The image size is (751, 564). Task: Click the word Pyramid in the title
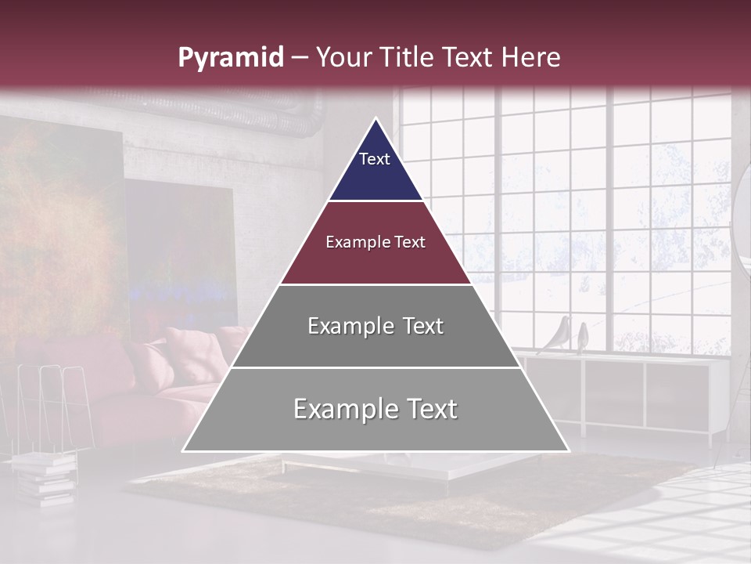pos(230,58)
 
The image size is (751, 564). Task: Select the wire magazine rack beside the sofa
pos(51,407)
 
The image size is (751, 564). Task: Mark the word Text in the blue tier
pos(374,159)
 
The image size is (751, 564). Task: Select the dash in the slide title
pos(300,58)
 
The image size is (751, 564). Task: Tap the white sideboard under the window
pos(626,392)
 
